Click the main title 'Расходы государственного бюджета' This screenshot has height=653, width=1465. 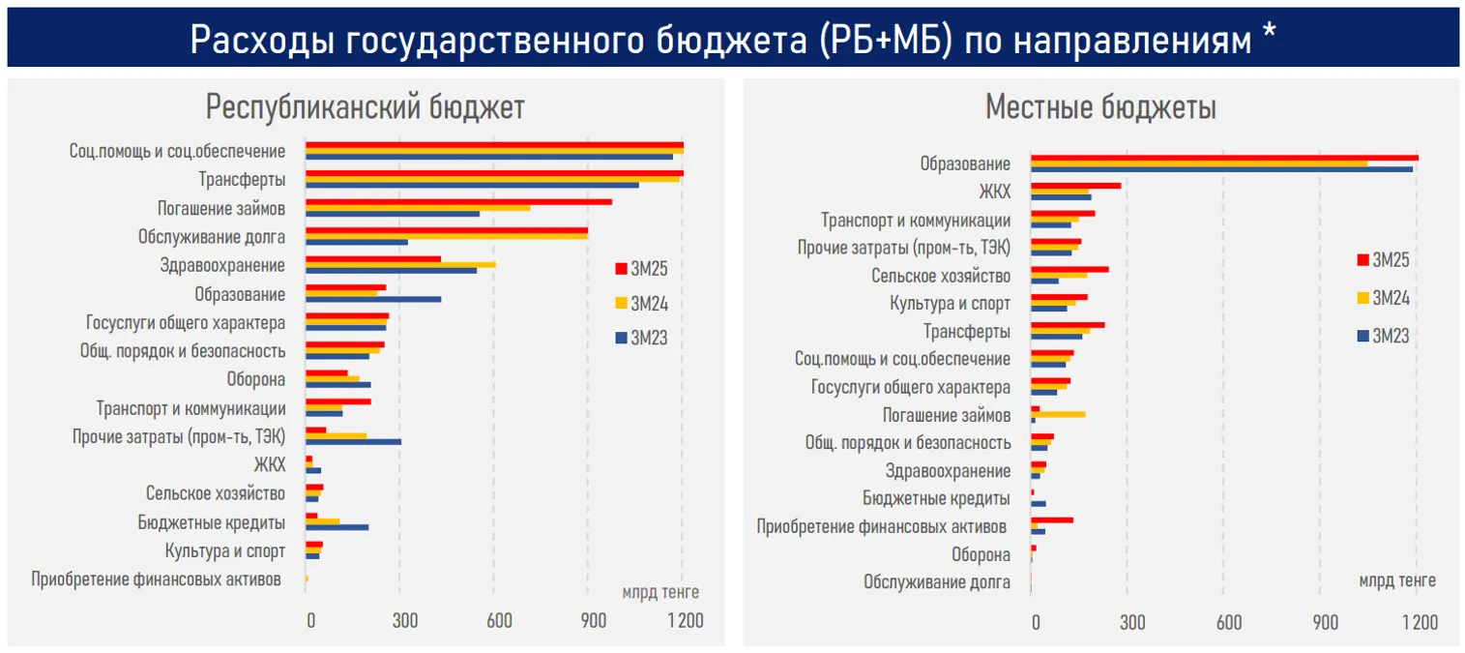coord(732,39)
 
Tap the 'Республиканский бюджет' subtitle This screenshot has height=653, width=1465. coord(366,107)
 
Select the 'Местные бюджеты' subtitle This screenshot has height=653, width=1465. coord(1100,107)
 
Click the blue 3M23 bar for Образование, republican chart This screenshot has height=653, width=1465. coord(373,299)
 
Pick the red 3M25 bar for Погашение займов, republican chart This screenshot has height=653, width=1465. coord(458,201)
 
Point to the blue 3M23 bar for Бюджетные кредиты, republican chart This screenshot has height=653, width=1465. coord(337,527)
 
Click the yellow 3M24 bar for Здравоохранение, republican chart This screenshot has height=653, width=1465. coord(400,264)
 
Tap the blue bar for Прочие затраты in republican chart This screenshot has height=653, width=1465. coord(353,441)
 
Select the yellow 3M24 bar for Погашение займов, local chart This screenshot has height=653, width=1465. coord(1058,414)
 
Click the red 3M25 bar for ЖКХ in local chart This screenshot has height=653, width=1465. coord(1075,186)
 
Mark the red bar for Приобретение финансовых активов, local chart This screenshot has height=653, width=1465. coord(1052,520)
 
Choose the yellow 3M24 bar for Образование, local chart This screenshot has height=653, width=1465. coord(1199,163)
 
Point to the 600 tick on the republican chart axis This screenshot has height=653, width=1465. coord(498,621)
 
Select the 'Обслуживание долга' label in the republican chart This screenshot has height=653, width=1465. coord(212,237)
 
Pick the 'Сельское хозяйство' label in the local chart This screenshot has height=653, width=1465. coord(940,277)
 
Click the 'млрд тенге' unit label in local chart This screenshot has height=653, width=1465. coord(1396,580)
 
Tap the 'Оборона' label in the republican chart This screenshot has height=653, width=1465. coord(255,379)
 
